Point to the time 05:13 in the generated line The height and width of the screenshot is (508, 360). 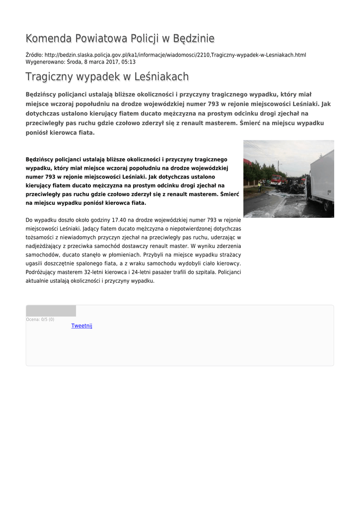129,62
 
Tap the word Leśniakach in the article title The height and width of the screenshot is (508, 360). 161,77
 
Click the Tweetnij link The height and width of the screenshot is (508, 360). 81,326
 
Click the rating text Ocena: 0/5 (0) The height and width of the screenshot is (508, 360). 40,319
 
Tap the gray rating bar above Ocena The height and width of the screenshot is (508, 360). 51,311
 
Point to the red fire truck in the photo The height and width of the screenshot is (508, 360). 276,180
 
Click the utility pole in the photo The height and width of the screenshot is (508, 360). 279,169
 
